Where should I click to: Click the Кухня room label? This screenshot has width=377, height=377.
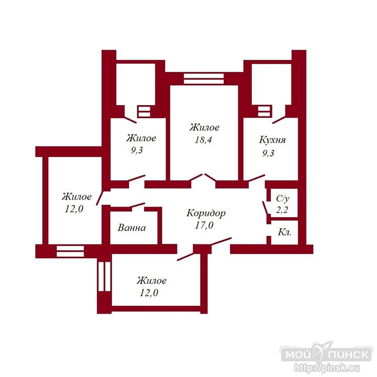[272, 140]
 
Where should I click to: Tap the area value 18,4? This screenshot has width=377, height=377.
[204, 140]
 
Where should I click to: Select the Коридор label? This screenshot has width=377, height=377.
[206, 214]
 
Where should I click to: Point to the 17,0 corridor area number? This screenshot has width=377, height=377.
[204, 225]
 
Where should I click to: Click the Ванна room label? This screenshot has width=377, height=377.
[132, 228]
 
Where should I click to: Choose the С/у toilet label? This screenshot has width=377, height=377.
[282, 199]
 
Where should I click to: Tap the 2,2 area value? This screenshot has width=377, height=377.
[282, 210]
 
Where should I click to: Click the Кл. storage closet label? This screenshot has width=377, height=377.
[285, 232]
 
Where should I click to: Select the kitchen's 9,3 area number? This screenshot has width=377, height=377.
[268, 153]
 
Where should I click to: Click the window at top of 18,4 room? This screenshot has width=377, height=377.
[204, 78]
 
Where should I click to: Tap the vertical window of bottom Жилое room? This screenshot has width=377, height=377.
[105, 276]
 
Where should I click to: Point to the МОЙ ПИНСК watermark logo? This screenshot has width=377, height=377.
[326, 354]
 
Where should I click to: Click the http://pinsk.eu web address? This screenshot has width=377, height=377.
[327, 367]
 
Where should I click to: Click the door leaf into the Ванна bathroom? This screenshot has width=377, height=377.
[137, 205]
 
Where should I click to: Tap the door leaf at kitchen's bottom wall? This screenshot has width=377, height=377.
[256, 178]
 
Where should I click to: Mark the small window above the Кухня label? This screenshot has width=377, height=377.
[264, 111]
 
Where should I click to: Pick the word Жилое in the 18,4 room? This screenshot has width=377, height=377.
[205, 128]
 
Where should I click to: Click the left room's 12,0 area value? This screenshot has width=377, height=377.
[74, 209]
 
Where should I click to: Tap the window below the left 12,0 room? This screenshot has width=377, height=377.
[70, 251]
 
